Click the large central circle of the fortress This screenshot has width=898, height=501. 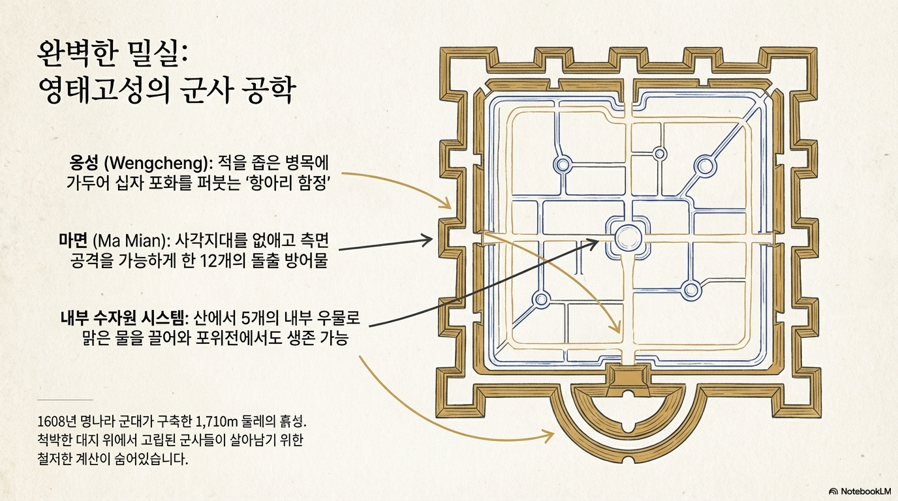click(x=628, y=237)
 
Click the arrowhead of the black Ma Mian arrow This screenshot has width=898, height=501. click(x=428, y=241)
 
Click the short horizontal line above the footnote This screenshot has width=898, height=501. click(x=65, y=399)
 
